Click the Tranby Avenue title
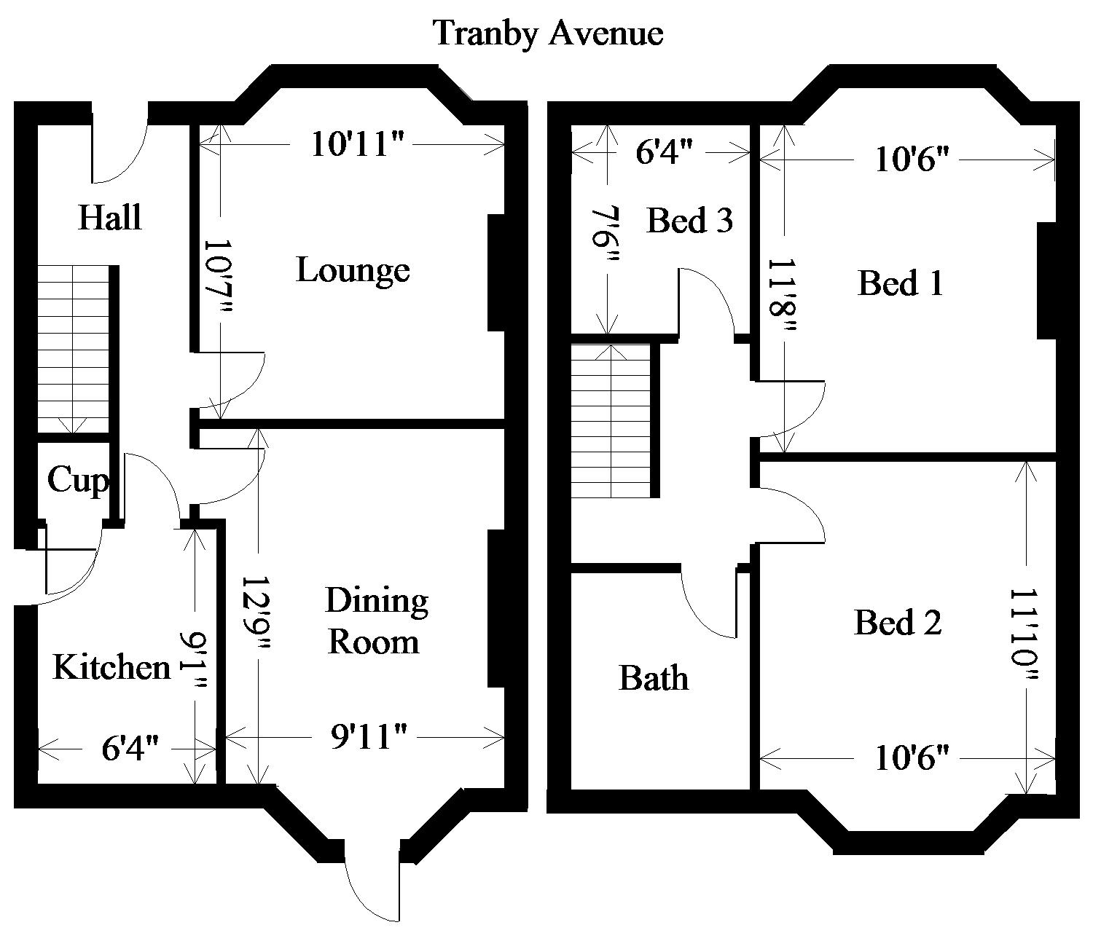point(548,34)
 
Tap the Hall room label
point(109,217)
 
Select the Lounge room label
point(353,271)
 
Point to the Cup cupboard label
point(77,481)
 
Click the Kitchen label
point(111,667)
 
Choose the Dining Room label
point(375,622)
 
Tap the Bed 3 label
point(689,220)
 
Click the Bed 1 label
point(901,283)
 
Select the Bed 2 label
point(897,623)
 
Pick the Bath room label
point(653,679)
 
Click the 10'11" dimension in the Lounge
point(357,144)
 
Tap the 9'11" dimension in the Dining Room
point(359,738)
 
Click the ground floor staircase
point(73,350)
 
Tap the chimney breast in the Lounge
point(496,272)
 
